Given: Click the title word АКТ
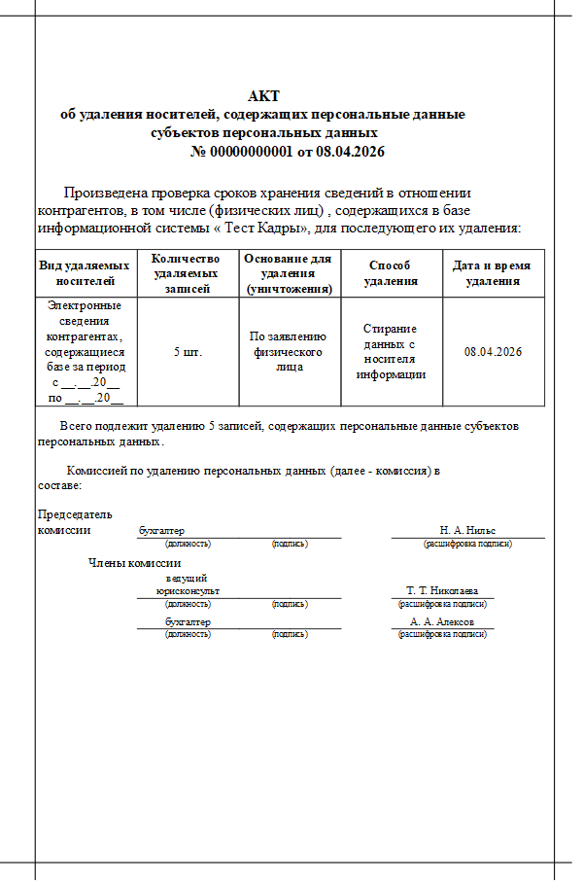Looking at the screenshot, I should point(263,95).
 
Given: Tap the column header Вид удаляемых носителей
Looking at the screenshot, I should point(86,273).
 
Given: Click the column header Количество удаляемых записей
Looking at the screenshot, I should point(188,273).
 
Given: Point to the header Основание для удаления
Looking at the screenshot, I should point(289,273).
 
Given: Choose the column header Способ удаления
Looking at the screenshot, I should point(391,273).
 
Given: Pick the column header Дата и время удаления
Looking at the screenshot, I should point(493,273).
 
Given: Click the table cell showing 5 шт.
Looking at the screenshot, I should point(188,351).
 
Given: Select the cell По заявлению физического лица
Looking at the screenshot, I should point(289,351).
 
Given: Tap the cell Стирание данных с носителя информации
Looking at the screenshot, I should point(391,351).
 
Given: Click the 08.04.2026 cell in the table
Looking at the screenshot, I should point(493,351).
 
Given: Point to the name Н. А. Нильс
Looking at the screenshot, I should point(467,530).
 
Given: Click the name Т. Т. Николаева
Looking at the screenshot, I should point(442,590).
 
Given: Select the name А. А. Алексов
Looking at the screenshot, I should point(442,621).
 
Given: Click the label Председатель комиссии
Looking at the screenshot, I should point(74,521).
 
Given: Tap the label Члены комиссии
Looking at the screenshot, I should point(134,562).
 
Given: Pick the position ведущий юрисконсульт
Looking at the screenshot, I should point(188,584).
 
